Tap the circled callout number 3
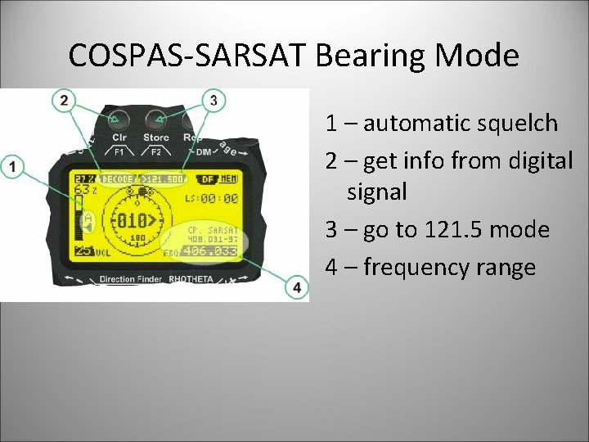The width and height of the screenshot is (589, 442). tap(214, 101)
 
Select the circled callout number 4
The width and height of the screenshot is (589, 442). tap(296, 287)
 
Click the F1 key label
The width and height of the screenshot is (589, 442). tap(119, 151)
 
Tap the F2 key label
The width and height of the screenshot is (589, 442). tap(155, 151)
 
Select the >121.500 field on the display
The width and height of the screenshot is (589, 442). tap(163, 178)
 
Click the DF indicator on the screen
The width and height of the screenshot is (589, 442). tap(207, 178)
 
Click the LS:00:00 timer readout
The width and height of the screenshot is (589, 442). tap(211, 198)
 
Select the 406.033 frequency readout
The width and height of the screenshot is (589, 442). tap(209, 252)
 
